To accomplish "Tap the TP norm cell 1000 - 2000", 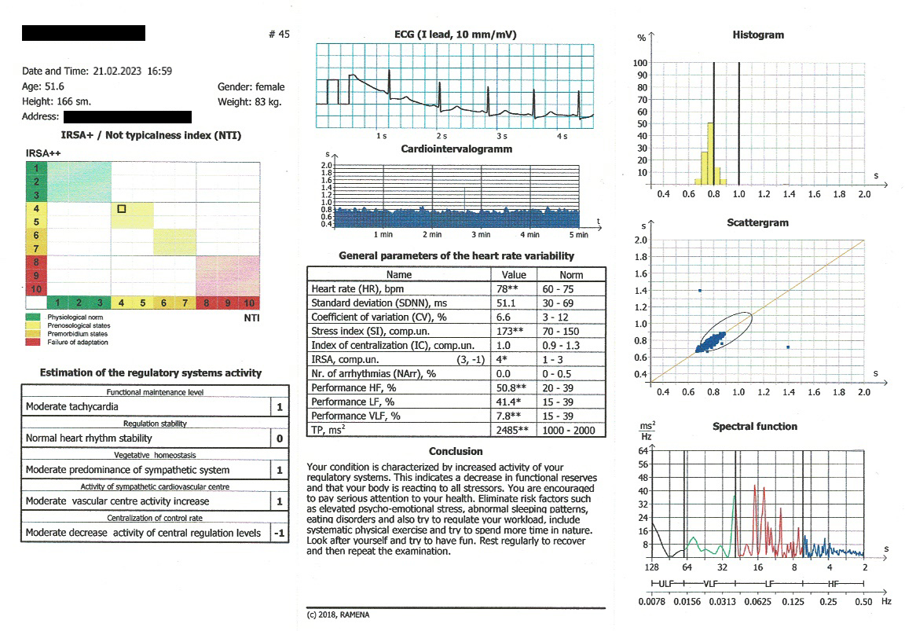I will pyautogui.click(x=571, y=430).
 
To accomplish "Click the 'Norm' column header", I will pyautogui.click(x=571, y=275).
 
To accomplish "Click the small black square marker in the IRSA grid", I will pyautogui.click(x=122, y=208).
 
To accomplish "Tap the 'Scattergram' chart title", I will pyautogui.click(x=757, y=223).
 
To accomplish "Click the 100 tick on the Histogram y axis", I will pyautogui.click(x=641, y=63).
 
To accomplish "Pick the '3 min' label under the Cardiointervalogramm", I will pyautogui.click(x=481, y=235).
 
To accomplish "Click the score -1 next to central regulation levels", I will pyautogui.click(x=279, y=533).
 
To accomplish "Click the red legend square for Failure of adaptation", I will pyautogui.click(x=29, y=342).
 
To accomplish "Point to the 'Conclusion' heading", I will pyautogui.click(x=456, y=452).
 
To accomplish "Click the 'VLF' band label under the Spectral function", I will pyautogui.click(x=711, y=584).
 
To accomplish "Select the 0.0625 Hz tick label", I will pyautogui.click(x=758, y=602).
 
